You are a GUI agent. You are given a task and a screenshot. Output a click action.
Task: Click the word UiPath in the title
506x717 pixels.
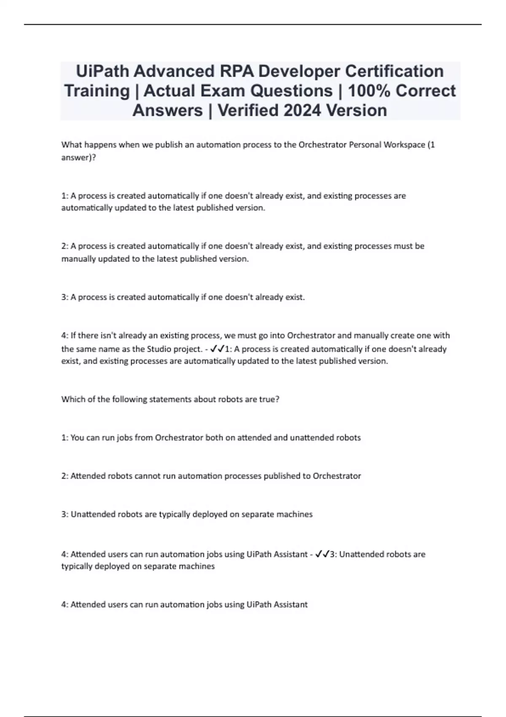(x=103, y=71)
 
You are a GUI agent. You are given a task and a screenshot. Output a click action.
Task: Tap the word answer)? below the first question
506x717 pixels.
(x=78, y=157)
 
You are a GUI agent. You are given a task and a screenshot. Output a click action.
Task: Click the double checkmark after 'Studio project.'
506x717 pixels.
(x=217, y=349)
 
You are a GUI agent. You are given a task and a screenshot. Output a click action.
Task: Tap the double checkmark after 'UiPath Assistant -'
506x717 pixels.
(x=323, y=554)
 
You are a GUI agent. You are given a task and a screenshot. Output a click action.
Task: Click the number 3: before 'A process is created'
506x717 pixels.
(x=65, y=297)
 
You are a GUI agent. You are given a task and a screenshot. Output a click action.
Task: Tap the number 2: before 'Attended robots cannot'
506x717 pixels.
(x=65, y=476)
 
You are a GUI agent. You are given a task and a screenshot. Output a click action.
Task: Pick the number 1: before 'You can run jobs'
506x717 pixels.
(x=65, y=437)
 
